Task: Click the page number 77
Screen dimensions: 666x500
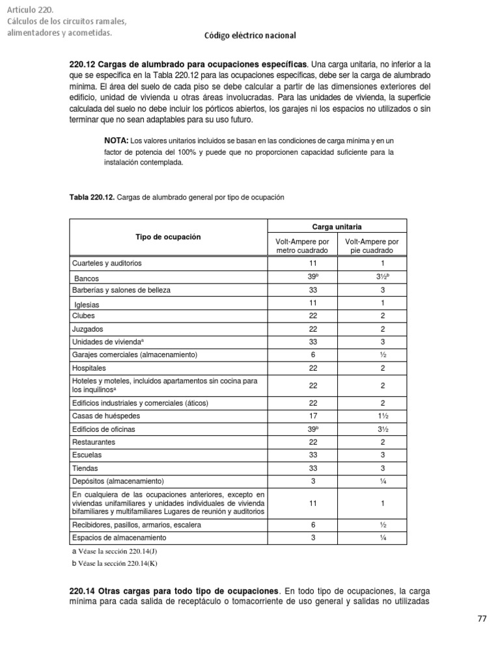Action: coord(482,619)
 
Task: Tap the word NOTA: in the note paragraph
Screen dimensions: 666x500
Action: coord(117,140)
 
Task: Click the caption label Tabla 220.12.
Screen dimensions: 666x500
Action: coord(92,196)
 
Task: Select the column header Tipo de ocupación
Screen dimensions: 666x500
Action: coord(168,237)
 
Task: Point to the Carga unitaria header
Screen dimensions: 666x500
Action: coord(338,226)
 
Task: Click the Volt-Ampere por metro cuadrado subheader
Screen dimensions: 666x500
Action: coord(303,246)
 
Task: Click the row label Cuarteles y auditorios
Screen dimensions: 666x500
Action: coord(107,263)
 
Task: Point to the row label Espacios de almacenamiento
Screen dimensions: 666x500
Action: coord(119,538)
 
